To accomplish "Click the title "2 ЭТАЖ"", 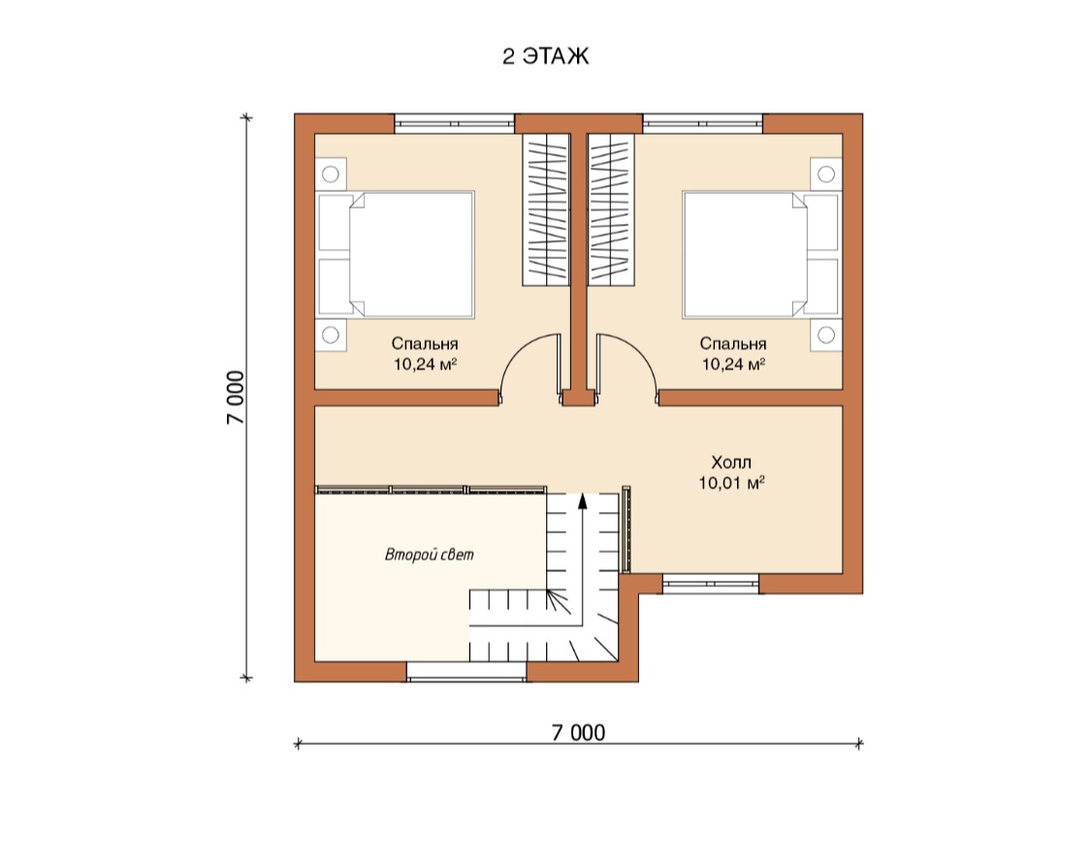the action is pyautogui.click(x=545, y=55).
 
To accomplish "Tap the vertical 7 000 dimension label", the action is pyautogui.click(x=236, y=398).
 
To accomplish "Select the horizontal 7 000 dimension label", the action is pyautogui.click(x=578, y=732).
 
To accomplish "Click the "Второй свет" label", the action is pyautogui.click(x=430, y=555).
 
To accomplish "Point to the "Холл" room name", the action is pyautogui.click(x=731, y=463).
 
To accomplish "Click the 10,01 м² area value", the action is pyautogui.click(x=732, y=482).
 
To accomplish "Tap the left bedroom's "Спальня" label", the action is pyautogui.click(x=425, y=343).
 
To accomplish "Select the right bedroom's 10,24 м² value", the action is pyautogui.click(x=733, y=364).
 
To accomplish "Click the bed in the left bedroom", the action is pyautogui.click(x=396, y=255).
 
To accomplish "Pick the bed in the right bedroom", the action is pyautogui.click(x=761, y=255).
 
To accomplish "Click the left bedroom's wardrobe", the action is pyautogui.click(x=546, y=209).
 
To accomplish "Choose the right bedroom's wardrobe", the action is pyautogui.click(x=611, y=209).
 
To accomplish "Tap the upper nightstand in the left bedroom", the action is pyautogui.click(x=331, y=174).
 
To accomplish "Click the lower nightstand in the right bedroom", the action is pyautogui.click(x=826, y=335).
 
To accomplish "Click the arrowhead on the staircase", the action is pyautogui.click(x=583, y=501).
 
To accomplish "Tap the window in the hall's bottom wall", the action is pyautogui.click(x=711, y=583).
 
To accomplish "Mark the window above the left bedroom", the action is pyautogui.click(x=455, y=123).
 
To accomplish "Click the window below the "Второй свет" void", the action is pyautogui.click(x=466, y=672).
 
